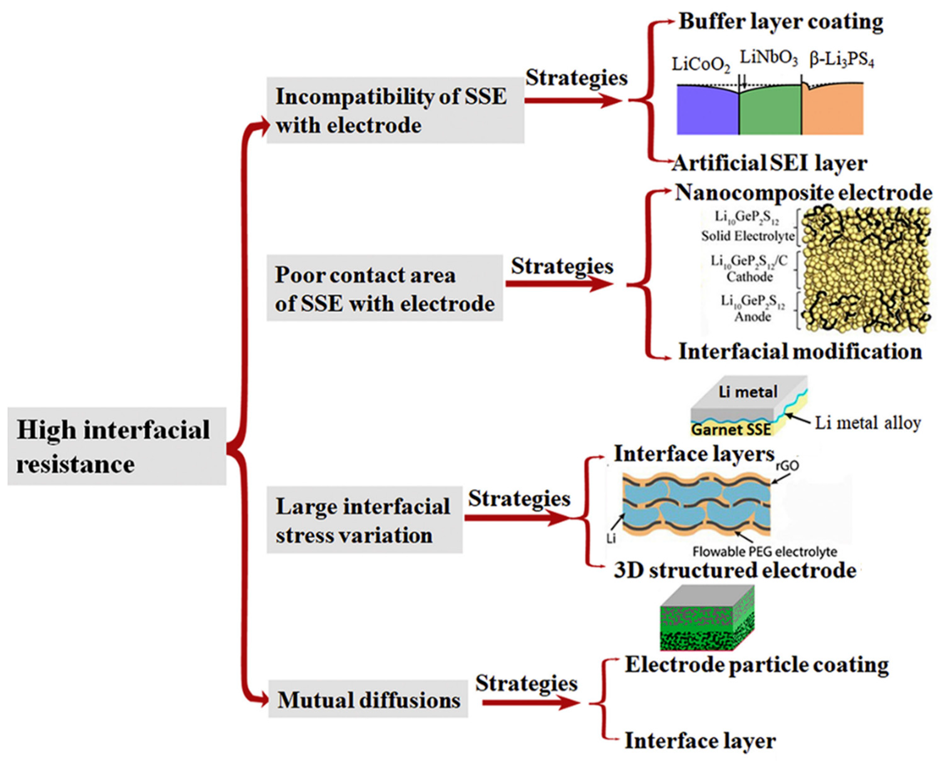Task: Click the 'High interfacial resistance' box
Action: pos(116,446)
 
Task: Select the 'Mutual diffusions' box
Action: pos(368,700)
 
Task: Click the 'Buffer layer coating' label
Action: pos(781,22)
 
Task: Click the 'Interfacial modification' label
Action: pos(800,352)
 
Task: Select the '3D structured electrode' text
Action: pos(735,570)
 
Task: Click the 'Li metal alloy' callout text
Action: pos(867,423)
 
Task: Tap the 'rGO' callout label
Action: pos(787,466)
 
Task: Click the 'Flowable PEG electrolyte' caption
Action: pos(764,551)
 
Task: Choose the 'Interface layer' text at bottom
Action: pos(700,741)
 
